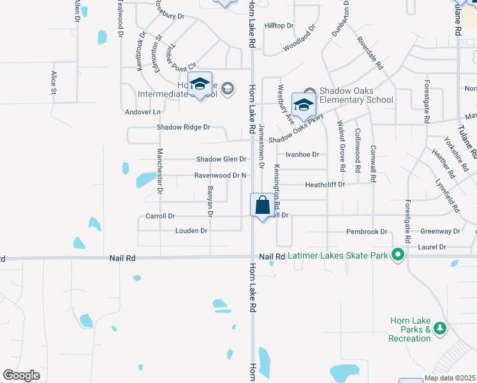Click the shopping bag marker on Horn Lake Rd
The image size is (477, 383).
(x=262, y=206)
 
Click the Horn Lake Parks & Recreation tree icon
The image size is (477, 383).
(x=439, y=329)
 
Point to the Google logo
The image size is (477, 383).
(x=21, y=375)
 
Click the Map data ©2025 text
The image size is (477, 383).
(x=450, y=379)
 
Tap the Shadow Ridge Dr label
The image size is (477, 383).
(x=184, y=127)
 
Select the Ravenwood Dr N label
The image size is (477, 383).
(x=220, y=175)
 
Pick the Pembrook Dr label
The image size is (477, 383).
(x=367, y=232)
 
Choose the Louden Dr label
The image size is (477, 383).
(x=191, y=230)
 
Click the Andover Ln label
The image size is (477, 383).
(x=143, y=111)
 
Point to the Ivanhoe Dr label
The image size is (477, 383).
(x=302, y=154)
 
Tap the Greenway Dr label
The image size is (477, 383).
(x=440, y=231)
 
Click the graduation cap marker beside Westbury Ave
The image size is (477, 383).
(x=304, y=105)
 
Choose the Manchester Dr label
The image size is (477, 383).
(x=160, y=170)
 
